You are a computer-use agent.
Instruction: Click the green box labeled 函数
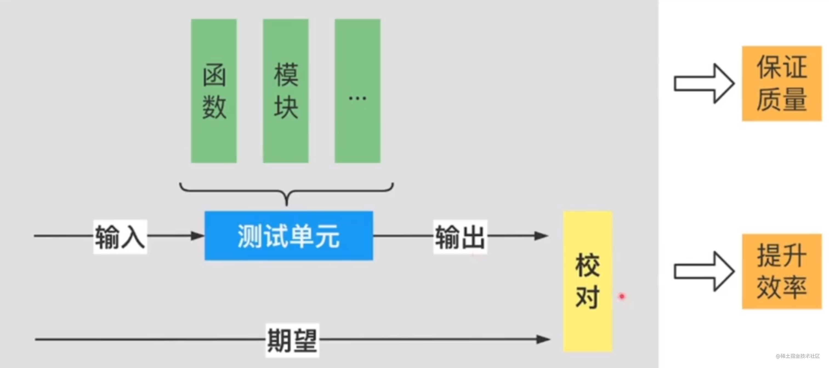[x=214, y=91]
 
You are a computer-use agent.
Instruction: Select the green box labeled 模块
[x=285, y=91]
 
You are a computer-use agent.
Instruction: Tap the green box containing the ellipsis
[x=357, y=91]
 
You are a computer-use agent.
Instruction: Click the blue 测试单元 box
[x=289, y=235]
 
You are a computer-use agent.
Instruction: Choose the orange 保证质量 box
[x=782, y=83]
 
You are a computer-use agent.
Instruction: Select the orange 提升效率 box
[x=782, y=271]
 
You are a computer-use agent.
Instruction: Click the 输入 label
[x=120, y=237]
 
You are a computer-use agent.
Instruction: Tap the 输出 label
[x=460, y=237]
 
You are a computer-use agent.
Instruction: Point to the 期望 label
[x=292, y=340]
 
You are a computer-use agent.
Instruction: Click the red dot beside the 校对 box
[x=622, y=296]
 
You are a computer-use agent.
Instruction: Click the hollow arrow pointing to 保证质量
[x=704, y=83]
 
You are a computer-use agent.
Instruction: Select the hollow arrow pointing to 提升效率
[x=704, y=271]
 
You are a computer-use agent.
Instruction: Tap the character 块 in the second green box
[x=286, y=107]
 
